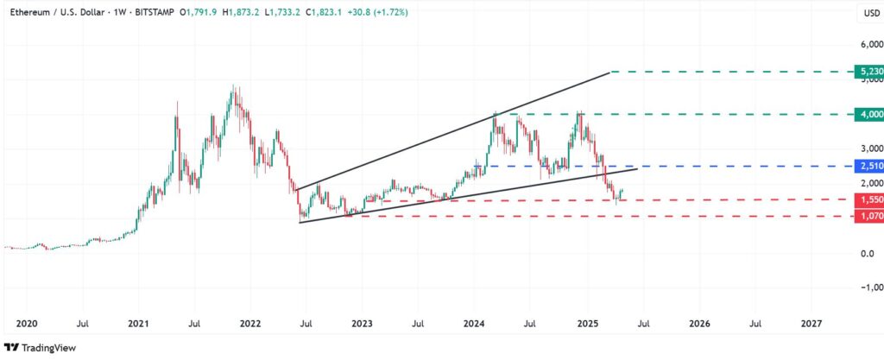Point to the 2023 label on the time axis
pos(362,325)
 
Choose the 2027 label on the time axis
pos(811,325)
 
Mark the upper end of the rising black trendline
pos(609,73)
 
